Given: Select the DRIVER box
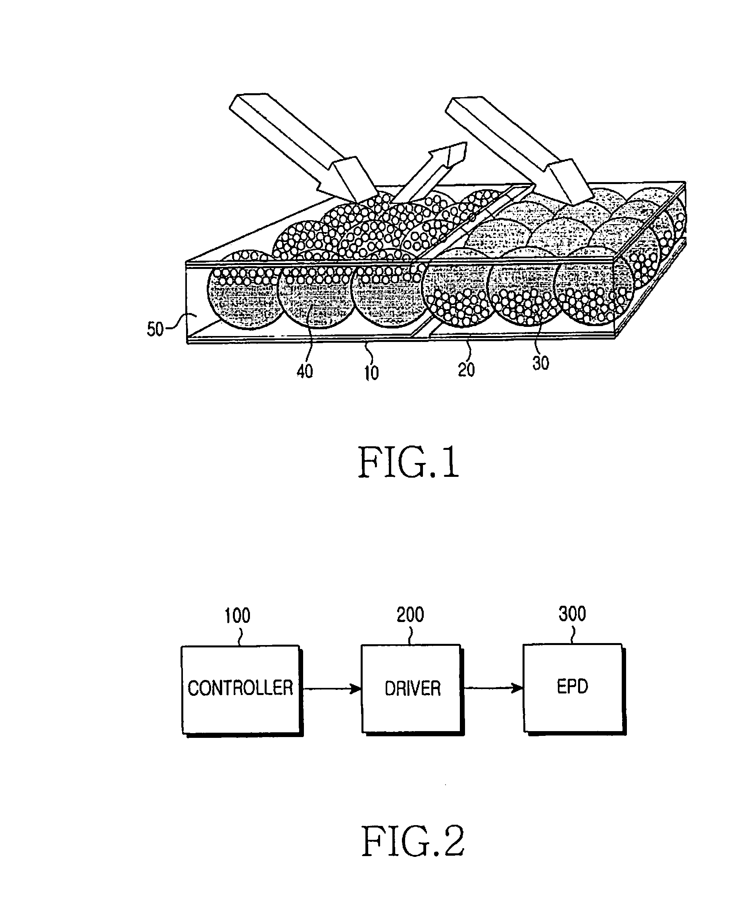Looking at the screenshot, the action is tap(413, 689).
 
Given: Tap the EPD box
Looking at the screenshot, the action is tap(575, 688).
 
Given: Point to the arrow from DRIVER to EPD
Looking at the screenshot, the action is tap(494, 687).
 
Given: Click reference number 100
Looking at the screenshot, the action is tap(237, 616).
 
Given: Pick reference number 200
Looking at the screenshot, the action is tap(410, 615).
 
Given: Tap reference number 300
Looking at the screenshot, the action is tap(573, 614).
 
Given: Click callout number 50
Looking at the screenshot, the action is tap(155, 329).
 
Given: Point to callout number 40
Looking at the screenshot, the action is tap(304, 371).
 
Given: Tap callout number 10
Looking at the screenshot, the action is tap(372, 373).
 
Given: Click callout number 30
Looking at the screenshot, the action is tap(540, 363).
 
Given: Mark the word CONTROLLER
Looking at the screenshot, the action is tap(240, 688).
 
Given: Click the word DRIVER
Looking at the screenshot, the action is tap(413, 688).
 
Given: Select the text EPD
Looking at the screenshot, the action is tap(573, 687).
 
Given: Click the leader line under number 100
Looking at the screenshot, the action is tap(240, 636).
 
